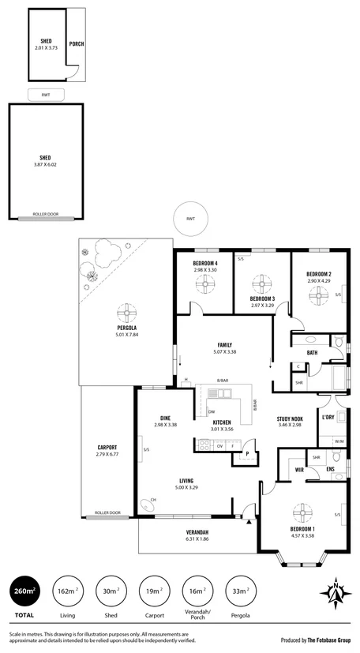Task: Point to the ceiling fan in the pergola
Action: (x=125, y=310)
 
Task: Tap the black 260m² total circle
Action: (x=24, y=591)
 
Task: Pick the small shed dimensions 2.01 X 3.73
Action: (x=47, y=48)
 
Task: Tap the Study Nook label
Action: (x=290, y=418)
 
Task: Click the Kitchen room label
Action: (x=222, y=422)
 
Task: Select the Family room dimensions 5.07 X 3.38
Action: (x=225, y=352)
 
